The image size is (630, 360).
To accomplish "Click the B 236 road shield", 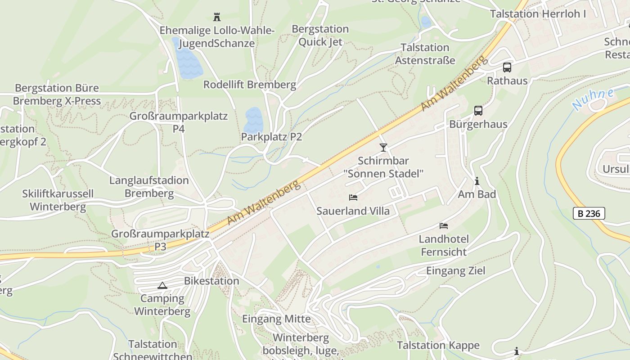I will [589, 213].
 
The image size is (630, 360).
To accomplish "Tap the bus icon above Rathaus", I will [507, 67].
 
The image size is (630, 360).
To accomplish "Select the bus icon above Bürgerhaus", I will [478, 110].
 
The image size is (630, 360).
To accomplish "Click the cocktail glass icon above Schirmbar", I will [383, 147].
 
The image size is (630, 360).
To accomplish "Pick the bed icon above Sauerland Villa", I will [353, 197].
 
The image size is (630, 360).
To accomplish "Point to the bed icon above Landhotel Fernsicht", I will [444, 225].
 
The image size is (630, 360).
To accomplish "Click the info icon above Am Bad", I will [477, 181].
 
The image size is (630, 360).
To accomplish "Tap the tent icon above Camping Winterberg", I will [162, 285].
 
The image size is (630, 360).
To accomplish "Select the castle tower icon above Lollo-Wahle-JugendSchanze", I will [217, 17].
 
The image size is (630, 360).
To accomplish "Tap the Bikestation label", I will [211, 281].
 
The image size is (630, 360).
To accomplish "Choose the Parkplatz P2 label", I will [271, 136].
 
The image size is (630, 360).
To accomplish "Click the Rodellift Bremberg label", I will [250, 85].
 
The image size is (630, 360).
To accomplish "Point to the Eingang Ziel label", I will [455, 270].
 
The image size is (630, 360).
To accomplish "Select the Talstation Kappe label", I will [438, 345].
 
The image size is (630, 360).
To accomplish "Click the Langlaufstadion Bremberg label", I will [149, 187].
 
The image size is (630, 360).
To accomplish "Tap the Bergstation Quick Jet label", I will [320, 35].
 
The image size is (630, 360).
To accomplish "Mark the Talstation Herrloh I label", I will [538, 14].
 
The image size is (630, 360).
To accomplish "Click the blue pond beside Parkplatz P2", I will [253, 120].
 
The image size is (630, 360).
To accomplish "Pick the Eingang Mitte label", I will [276, 319].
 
